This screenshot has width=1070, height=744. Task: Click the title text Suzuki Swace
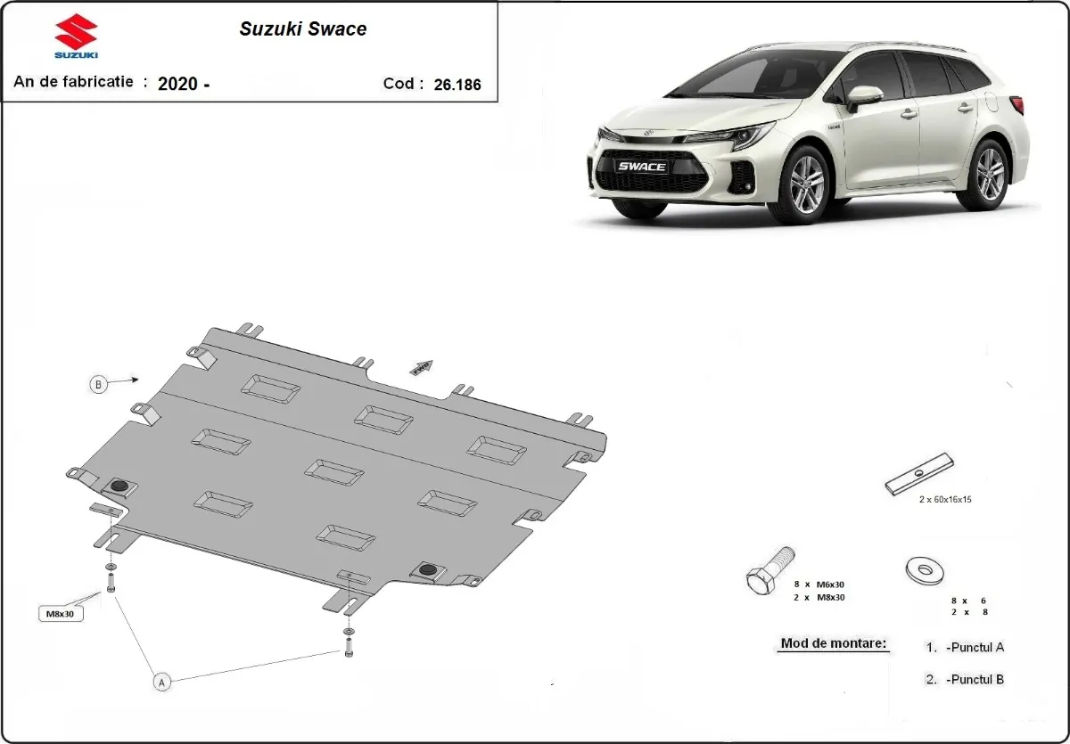302,29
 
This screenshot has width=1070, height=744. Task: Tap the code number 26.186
457,85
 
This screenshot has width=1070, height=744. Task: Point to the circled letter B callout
98,385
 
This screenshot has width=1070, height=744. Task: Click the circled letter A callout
161,683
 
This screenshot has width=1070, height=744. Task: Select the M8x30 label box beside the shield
60,614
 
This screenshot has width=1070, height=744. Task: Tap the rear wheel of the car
988,174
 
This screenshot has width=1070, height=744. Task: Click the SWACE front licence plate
642,167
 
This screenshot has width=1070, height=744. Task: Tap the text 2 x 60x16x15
944,500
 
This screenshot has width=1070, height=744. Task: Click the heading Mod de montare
834,643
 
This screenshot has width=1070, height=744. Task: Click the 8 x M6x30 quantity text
819,584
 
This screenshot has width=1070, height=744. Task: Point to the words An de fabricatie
73,82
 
